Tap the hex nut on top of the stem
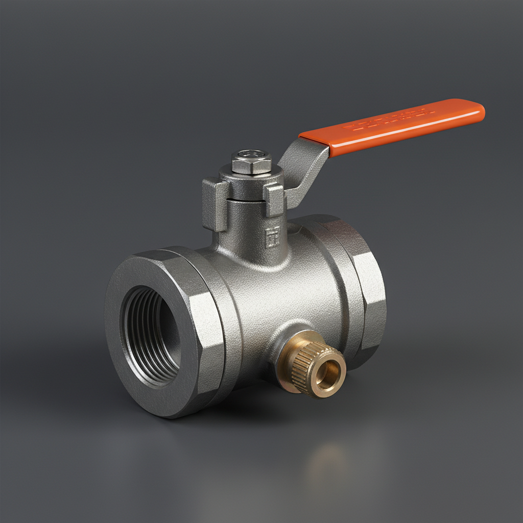pos(251,163)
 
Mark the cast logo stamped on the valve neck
pos(273,236)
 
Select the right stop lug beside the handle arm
pos(275,200)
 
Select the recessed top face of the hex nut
pos(251,154)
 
